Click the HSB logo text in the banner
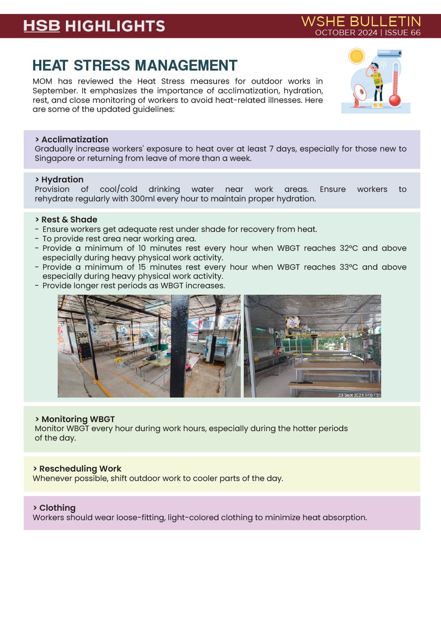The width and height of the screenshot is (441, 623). click(41, 26)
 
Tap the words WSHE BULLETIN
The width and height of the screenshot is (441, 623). click(361, 22)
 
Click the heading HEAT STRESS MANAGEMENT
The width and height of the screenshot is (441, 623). click(135, 65)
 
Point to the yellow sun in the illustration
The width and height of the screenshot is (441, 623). click(357, 56)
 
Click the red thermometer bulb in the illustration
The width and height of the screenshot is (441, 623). click(394, 101)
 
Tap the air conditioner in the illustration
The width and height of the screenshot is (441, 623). click(389, 53)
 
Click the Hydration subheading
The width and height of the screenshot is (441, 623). click(62, 179)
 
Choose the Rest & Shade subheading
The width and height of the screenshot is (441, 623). click(69, 219)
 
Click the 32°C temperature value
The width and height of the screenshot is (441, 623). click(348, 248)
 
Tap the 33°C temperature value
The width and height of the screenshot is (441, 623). click(348, 267)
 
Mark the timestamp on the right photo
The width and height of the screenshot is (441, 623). click(359, 395)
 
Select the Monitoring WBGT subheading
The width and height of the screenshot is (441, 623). click(78, 419)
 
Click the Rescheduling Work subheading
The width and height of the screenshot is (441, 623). click(80, 469)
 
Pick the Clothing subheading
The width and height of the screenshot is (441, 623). click(57, 508)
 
